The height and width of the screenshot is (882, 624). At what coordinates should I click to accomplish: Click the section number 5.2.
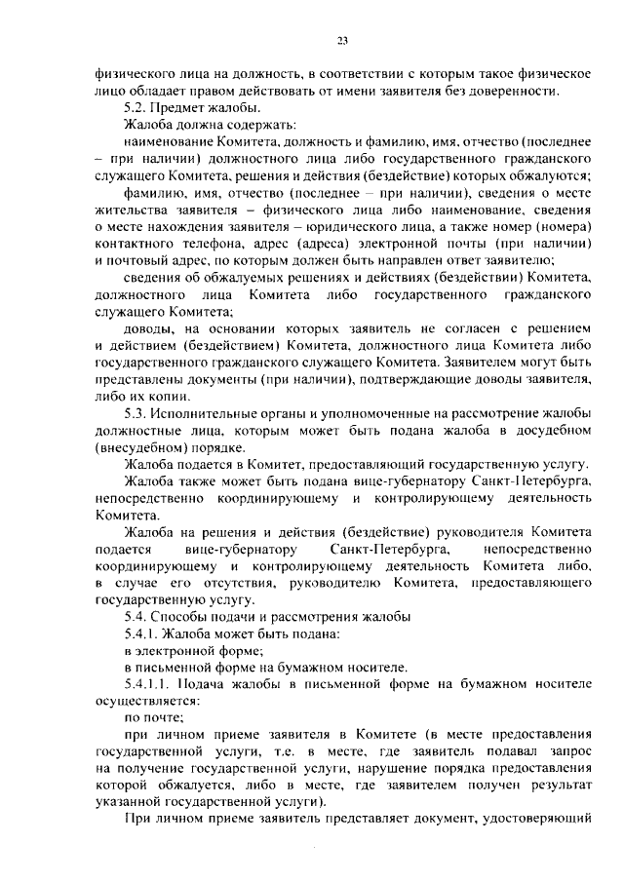point(137,107)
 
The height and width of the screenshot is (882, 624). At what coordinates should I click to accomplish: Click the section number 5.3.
point(137,413)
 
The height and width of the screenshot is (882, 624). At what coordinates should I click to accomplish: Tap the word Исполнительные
point(214,413)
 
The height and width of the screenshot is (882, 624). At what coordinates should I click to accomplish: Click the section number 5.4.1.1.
point(147,686)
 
